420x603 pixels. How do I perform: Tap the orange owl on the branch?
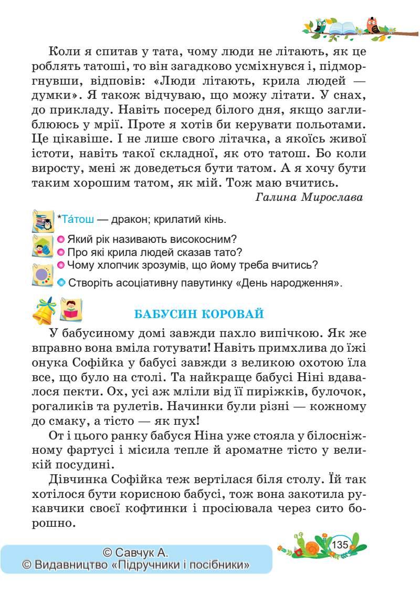coord(372,25)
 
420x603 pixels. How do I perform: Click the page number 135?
coord(340,544)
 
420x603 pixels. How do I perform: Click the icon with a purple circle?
coord(43,274)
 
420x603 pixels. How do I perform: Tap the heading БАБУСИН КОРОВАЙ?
coord(199,314)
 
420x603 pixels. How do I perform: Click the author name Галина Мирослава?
coord(310,197)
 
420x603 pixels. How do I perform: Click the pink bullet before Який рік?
coord(61,239)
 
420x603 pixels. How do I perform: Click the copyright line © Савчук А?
coord(135,552)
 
